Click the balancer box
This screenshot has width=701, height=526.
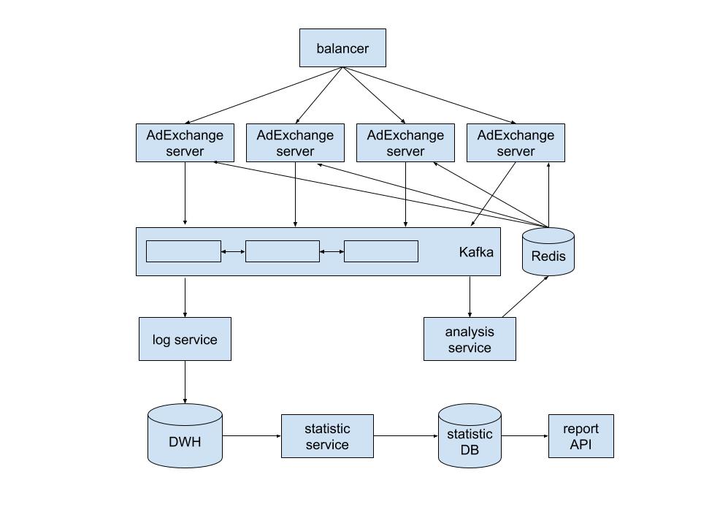[342, 48]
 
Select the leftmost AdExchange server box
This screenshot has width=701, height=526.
[185, 143]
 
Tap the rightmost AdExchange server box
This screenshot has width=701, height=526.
[516, 143]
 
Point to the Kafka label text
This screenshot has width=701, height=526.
[476, 252]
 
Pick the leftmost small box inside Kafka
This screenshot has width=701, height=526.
[183, 251]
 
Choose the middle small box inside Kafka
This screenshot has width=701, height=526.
[283, 251]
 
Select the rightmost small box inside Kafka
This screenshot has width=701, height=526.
[381, 251]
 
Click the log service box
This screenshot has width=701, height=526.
[185, 339]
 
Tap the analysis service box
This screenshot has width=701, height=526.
[470, 339]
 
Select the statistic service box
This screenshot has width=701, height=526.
[327, 436]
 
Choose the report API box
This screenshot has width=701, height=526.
[581, 436]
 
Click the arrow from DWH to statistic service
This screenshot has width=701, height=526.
[251, 436]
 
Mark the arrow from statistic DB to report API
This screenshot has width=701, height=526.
[524, 436]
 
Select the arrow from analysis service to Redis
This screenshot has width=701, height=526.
[525, 297]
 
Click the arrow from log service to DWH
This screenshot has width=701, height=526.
[185, 382]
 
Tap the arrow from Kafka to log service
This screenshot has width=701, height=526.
[185, 296]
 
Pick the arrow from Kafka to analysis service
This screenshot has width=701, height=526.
[470, 296]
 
